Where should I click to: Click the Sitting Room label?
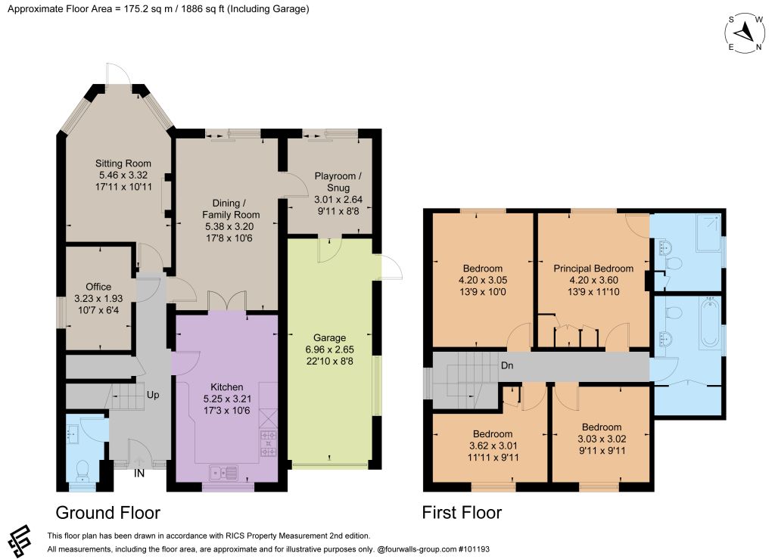click(x=123, y=163)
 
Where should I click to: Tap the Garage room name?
click(x=329, y=338)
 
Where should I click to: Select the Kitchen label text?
click(x=227, y=387)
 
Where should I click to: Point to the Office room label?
click(x=98, y=287)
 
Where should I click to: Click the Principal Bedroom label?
click(x=593, y=269)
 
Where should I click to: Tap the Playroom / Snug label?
click(x=338, y=182)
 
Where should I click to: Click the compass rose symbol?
click(x=745, y=33)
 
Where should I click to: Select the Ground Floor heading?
click(x=107, y=513)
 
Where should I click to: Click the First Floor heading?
click(x=462, y=513)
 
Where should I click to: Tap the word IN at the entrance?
click(x=139, y=473)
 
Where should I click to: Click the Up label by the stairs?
click(x=153, y=395)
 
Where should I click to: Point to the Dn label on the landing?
click(x=507, y=365)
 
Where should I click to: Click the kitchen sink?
click(x=223, y=473)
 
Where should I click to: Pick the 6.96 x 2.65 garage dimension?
click(x=330, y=349)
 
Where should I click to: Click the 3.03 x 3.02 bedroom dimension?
click(x=602, y=439)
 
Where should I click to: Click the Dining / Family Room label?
click(x=231, y=209)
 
